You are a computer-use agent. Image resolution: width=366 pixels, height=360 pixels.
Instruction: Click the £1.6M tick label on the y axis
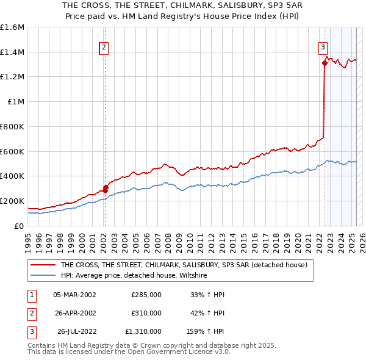[12, 27]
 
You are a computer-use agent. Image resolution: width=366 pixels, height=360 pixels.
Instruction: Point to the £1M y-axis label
[16, 102]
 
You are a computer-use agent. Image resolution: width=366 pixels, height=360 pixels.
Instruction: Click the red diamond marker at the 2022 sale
[325, 63]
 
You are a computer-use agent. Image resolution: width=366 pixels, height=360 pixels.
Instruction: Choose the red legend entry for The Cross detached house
[187, 265]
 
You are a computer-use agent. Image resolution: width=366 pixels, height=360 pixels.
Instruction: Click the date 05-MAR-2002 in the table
[75, 295]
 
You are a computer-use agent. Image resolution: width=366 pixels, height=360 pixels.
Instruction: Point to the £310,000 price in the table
[146, 313]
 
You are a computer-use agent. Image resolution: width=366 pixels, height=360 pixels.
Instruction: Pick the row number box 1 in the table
[30, 295]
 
